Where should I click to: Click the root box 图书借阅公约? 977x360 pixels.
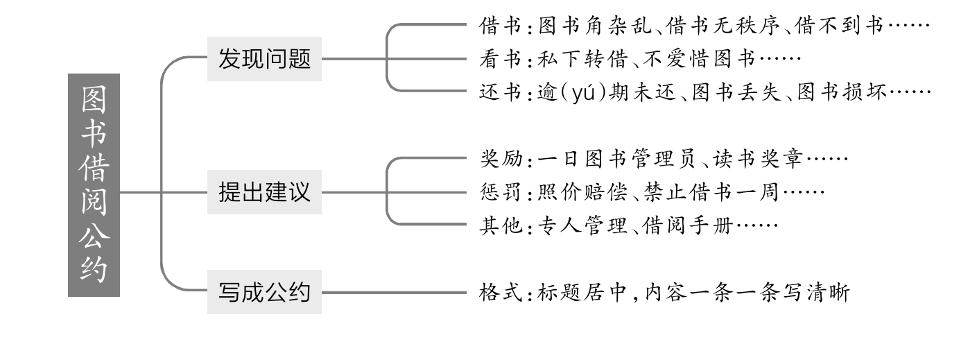pos(94,185)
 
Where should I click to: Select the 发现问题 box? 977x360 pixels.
pos(264,58)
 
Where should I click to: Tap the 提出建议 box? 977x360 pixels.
pos(264,192)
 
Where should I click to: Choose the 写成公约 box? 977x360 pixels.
pos(264,293)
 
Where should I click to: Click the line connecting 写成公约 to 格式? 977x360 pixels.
pos(392,293)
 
